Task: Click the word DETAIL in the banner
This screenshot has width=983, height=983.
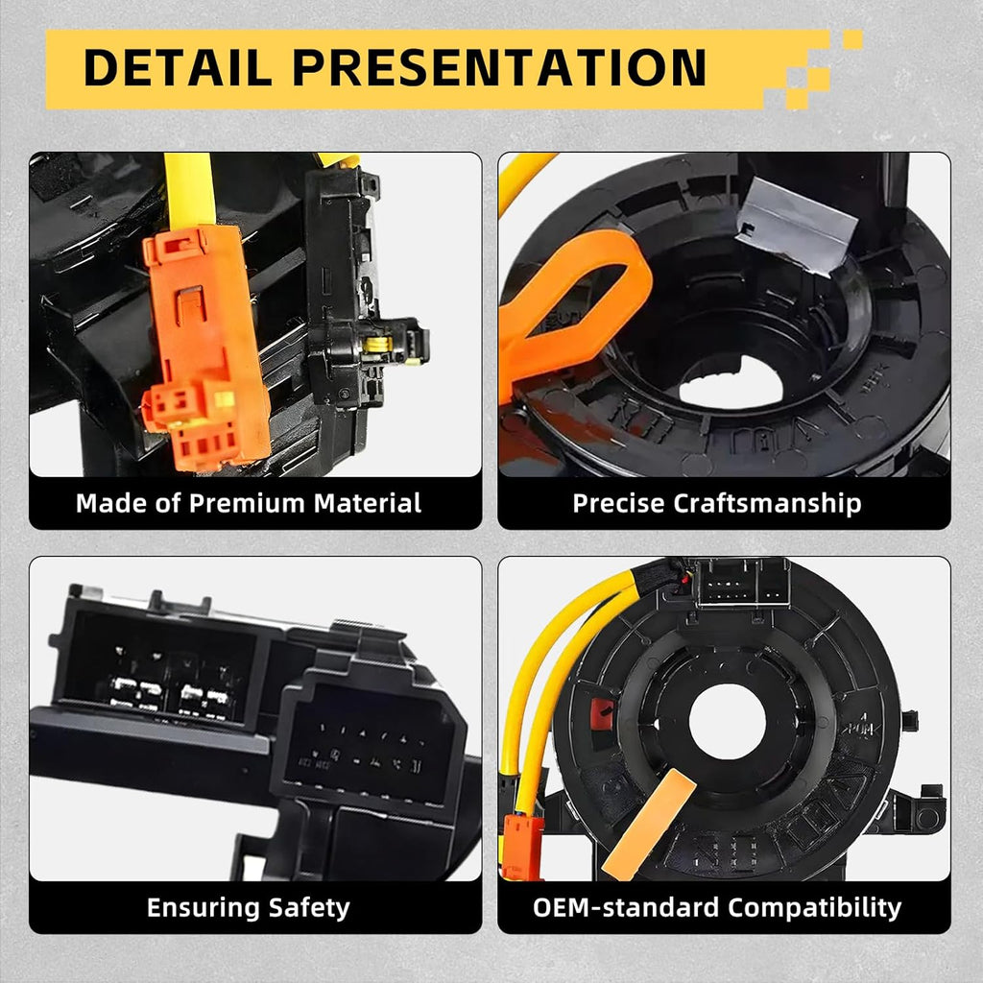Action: tap(178, 67)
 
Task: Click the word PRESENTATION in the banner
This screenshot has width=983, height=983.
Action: tap(499, 67)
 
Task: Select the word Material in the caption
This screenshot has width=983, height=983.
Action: tap(368, 503)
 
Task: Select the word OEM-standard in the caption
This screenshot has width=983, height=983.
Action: tap(626, 907)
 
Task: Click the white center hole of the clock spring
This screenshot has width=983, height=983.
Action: tap(728, 721)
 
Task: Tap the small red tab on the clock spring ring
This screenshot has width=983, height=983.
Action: tap(602, 714)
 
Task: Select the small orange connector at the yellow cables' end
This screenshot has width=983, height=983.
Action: tap(522, 847)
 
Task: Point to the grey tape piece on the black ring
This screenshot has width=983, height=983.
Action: tap(796, 226)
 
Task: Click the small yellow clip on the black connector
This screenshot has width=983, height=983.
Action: tap(378, 345)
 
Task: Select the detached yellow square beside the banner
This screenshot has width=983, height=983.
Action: tap(852, 39)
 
